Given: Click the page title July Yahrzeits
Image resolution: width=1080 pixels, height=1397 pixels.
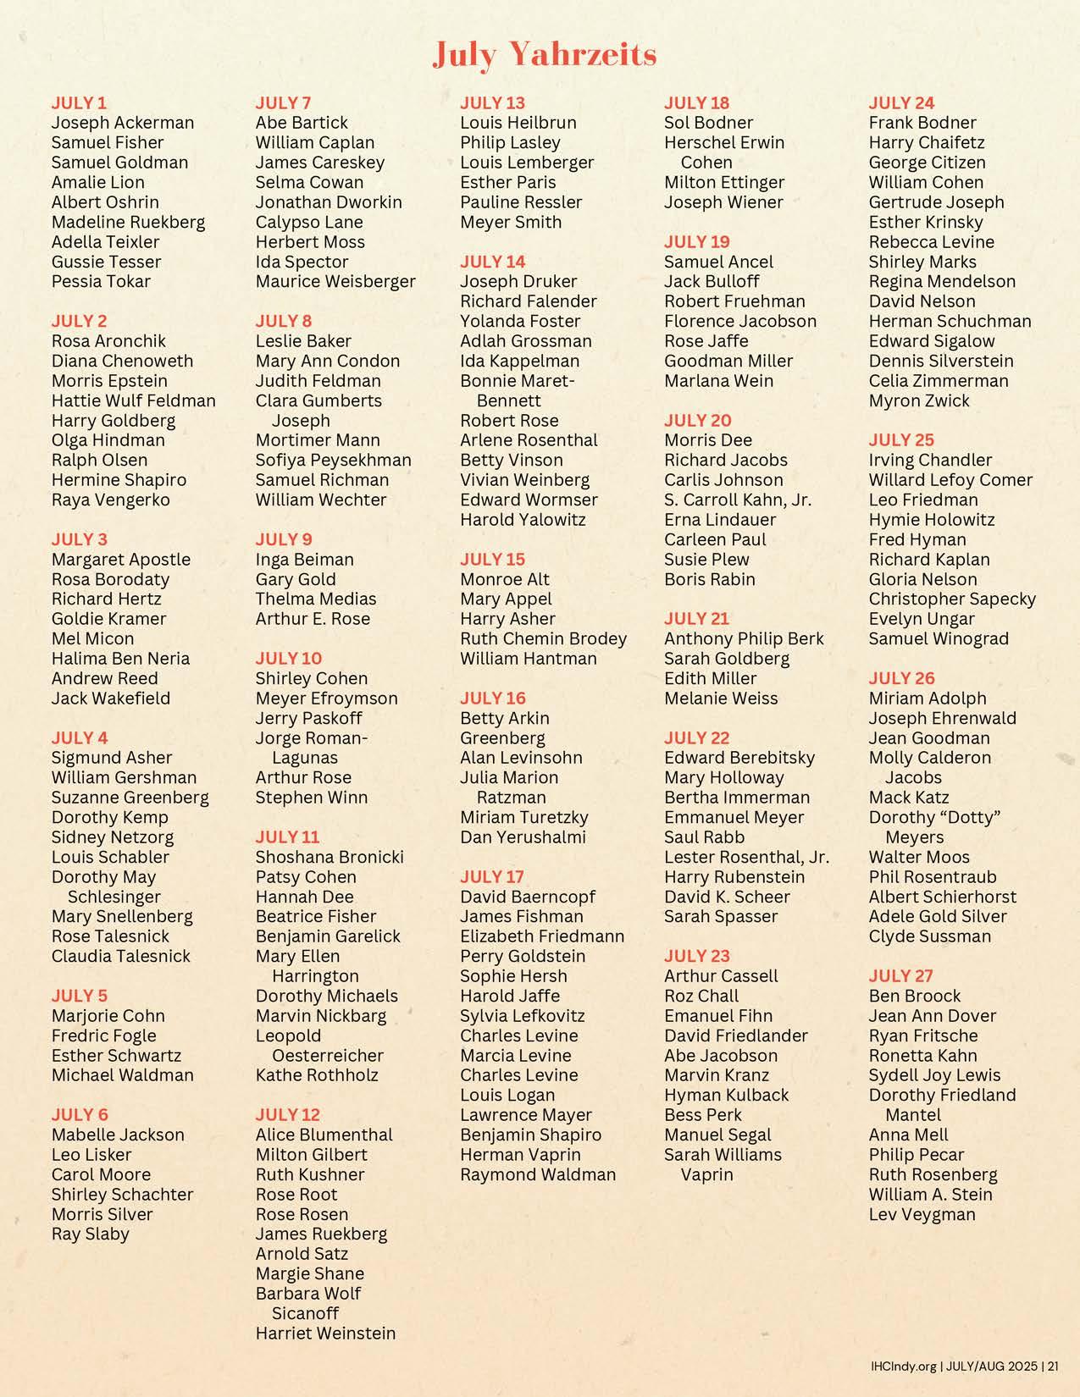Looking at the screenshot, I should pos(545,55).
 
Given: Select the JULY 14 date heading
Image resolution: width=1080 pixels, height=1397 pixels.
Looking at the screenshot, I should pos(492,262).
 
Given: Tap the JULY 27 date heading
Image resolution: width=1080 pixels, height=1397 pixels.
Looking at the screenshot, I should pos(901,975).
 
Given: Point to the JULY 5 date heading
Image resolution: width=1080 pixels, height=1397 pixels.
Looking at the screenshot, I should pos(80,996).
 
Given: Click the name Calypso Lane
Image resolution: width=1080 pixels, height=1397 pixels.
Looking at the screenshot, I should pos(309,222).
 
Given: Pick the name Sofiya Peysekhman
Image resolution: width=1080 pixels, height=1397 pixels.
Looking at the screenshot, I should pos(333,460).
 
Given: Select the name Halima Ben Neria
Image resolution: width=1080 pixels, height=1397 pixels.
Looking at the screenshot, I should pos(120,658).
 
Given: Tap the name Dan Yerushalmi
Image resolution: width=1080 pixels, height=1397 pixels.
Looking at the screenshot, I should pos(523,837).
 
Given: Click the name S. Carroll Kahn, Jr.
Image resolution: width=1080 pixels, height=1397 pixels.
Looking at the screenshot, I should pos(737,500).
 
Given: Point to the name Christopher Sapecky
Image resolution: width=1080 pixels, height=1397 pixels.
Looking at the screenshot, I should pos(952,599).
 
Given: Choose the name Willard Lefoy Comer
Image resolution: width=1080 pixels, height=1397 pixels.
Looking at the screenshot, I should pos(950,480).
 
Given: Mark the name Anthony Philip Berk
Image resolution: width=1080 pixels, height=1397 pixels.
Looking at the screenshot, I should pos(744,638).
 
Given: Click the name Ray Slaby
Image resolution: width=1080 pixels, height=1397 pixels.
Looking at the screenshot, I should pos(90,1234).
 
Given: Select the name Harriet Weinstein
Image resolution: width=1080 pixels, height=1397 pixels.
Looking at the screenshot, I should pos(325,1333).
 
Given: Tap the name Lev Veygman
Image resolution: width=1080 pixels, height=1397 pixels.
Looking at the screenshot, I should pos(922,1214).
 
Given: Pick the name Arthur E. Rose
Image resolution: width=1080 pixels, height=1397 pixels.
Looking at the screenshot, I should pos(313,619).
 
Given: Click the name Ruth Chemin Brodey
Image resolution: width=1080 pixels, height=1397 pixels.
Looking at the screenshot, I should pos(543,638).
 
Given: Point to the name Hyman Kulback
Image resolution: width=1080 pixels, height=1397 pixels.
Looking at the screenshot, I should pos(726,1095).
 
